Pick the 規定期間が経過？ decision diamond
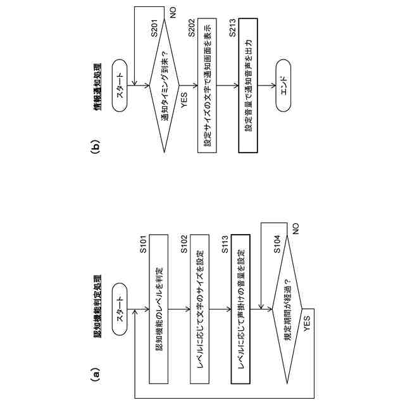287,309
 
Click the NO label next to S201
173,11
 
